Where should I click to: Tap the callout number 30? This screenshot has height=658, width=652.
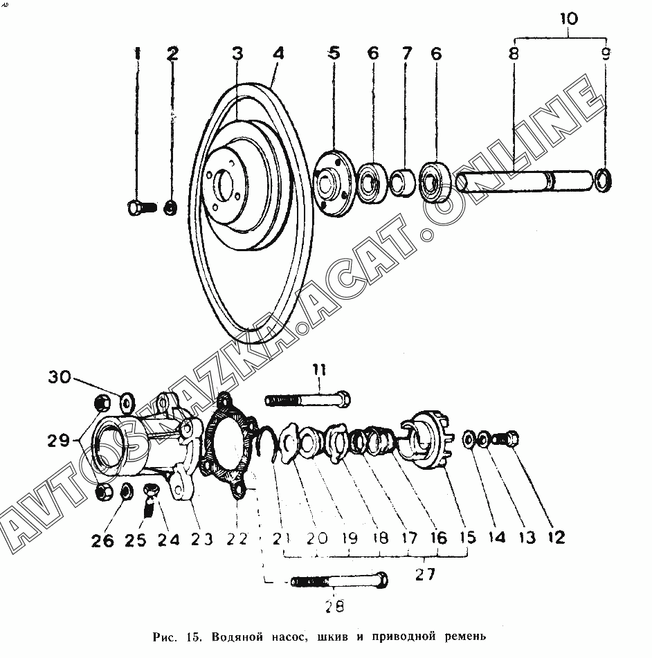60,377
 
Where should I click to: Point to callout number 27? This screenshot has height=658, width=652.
425,574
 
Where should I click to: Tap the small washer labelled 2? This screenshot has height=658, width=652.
171,207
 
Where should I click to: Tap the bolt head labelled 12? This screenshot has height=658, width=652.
511,438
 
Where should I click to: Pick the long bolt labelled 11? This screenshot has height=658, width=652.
307,400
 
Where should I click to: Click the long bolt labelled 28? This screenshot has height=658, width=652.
338,580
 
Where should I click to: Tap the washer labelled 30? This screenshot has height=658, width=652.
127,401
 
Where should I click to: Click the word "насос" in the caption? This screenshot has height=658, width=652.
280,636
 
